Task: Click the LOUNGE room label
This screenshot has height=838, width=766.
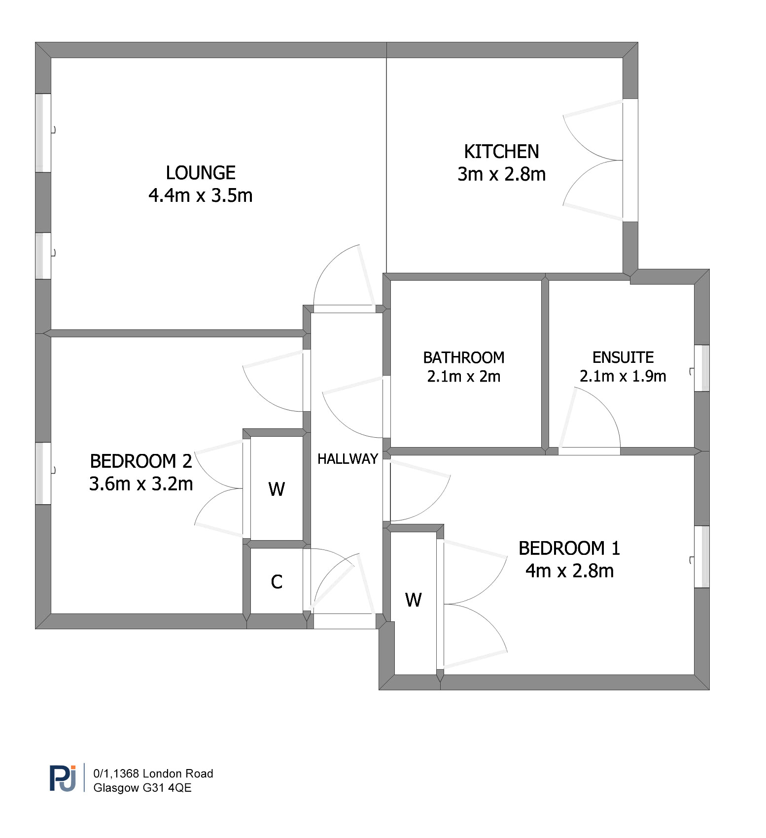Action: pyautogui.click(x=201, y=173)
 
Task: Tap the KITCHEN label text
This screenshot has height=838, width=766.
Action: pyautogui.click(x=501, y=152)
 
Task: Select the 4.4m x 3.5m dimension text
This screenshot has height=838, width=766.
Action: pyautogui.click(x=201, y=195)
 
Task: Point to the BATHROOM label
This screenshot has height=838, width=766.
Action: pyautogui.click(x=464, y=357)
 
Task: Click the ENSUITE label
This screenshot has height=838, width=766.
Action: pyautogui.click(x=623, y=357)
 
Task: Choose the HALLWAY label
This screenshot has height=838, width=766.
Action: pyautogui.click(x=348, y=459)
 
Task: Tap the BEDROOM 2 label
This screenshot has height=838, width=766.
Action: pyautogui.click(x=141, y=461)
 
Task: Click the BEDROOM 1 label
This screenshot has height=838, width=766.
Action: pyautogui.click(x=569, y=548)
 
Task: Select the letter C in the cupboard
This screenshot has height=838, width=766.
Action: pyautogui.click(x=277, y=582)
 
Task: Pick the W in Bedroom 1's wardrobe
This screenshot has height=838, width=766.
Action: pyautogui.click(x=414, y=600)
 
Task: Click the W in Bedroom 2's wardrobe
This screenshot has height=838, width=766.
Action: pyautogui.click(x=277, y=489)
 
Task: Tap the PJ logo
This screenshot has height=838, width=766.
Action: pyautogui.click(x=63, y=778)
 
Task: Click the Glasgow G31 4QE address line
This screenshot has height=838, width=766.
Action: pyautogui.click(x=142, y=788)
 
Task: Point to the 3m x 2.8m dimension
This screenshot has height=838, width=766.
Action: pyautogui.click(x=501, y=174)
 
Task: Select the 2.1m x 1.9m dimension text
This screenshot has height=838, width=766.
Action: pyautogui.click(x=623, y=376)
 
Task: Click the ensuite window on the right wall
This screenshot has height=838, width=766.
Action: pyautogui.click(x=702, y=368)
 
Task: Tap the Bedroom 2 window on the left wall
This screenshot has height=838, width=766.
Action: pyautogui.click(x=43, y=474)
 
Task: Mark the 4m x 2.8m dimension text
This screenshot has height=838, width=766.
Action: pyautogui.click(x=569, y=571)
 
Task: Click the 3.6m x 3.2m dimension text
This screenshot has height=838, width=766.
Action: pyautogui.click(x=141, y=484)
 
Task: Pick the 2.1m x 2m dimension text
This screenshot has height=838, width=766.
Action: pyautogui.click(x=464, y=377)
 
